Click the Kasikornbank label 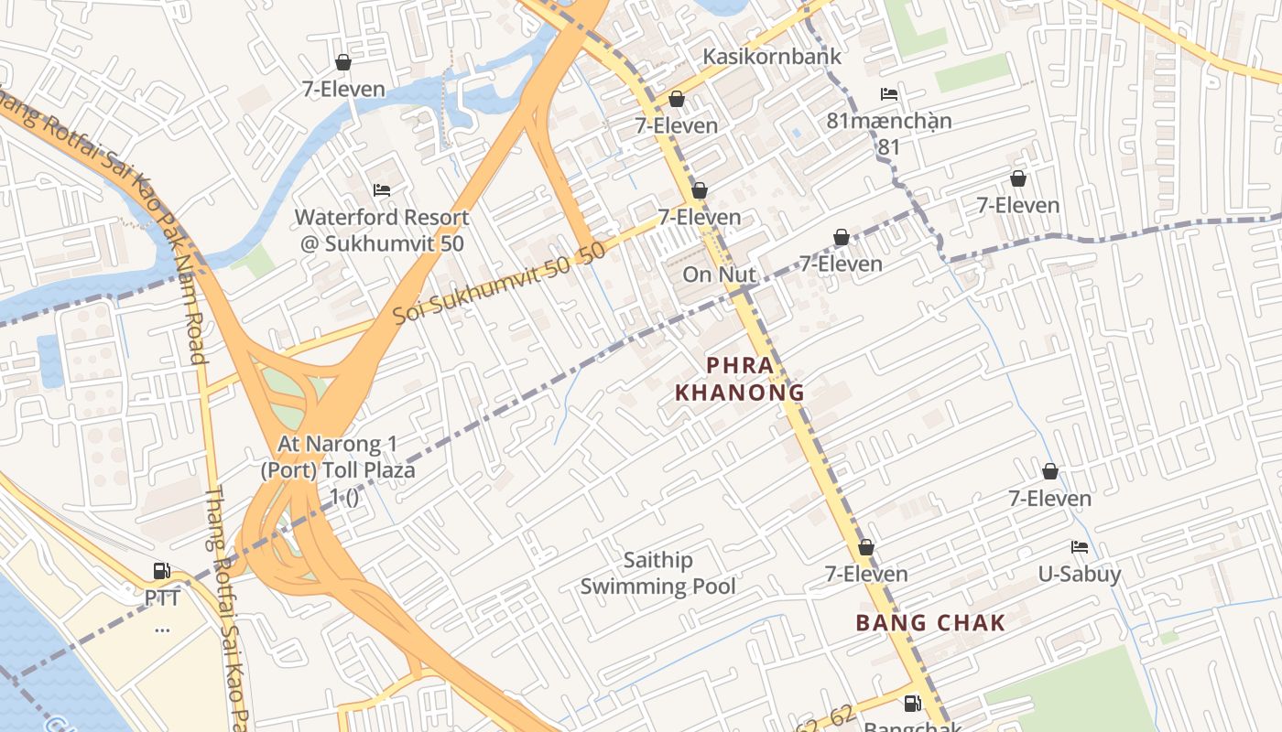point(771,57)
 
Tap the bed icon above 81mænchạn point(888,94)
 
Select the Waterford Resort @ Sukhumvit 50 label point(382,231)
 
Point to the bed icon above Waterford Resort point(382,190)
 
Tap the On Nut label point(720,274)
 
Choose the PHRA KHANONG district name point(739,379)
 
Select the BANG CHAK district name point(930,623)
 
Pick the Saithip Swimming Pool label point(658,573)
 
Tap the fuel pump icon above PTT point(162,571)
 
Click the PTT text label point(162,598)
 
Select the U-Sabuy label point(1080,575)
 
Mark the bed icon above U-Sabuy point(1080,547)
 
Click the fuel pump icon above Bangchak point(912,703)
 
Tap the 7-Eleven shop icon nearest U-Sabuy point(1050,471)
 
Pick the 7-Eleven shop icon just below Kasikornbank point(677,99)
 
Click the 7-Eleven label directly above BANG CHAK point(866,575)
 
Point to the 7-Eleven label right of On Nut point(841,264)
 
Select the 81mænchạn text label point(889,121)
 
